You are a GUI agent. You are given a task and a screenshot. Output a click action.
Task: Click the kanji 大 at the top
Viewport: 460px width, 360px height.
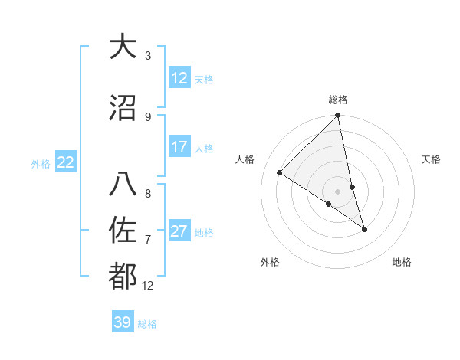[x=123, y=47]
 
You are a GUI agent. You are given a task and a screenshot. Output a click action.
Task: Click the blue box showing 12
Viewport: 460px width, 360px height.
[x=179, y=78]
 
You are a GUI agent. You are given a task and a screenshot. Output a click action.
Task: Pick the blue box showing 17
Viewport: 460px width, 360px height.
[x=179, y=147]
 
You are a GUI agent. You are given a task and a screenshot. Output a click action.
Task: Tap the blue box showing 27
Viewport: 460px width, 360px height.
[x=179, y=231]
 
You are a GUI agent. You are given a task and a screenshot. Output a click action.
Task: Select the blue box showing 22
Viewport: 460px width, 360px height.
[x=66, y=162]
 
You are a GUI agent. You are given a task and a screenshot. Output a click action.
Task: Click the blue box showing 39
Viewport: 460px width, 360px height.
[x=123, y=322]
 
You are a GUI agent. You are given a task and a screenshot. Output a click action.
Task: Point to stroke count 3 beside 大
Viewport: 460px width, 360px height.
[x=148, y=56]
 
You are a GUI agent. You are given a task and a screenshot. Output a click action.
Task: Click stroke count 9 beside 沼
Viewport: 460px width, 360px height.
[x=148, y=116]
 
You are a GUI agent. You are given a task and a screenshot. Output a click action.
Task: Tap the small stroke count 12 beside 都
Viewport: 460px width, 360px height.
[x=148, y=286]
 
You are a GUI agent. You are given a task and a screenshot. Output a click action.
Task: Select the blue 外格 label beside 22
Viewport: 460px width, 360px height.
[x=41, y=163]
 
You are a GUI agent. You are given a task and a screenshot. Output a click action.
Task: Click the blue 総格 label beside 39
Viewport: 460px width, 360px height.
[x=147, y=324]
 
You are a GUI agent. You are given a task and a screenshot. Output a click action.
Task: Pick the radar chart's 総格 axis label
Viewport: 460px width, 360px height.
[x=338, y=100]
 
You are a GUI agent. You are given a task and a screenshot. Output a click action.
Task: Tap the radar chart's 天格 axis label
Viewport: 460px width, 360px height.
[x=432, y=159]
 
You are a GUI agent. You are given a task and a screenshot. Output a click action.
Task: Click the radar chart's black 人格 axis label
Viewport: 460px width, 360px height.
[x=245, y=159]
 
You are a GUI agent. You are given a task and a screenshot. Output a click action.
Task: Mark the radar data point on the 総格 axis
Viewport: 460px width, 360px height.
[x=338, y=116]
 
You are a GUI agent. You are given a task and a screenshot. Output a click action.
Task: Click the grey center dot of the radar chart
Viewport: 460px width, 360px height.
[x=338, y=191]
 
